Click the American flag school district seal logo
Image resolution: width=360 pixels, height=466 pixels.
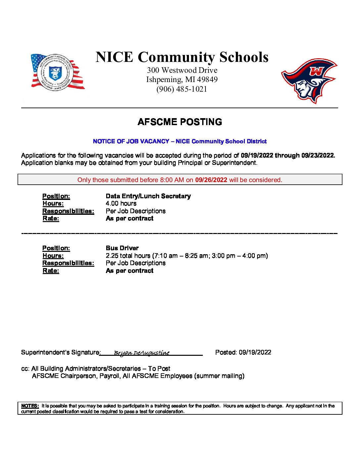pos(57,72)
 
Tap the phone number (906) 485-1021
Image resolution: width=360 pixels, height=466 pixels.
pos(182,89)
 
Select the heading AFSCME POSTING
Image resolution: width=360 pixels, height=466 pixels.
pos(180,122)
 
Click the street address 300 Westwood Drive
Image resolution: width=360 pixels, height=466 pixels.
pos(182,70)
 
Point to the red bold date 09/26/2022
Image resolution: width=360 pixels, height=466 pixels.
pos(211,180)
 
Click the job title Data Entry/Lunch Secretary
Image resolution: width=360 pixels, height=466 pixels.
pos(148,196)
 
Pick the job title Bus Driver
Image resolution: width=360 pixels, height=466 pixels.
pos(122,248)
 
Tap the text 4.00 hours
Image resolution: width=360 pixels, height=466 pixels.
pos(121,203)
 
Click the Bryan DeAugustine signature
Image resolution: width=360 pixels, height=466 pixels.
pos(142,353)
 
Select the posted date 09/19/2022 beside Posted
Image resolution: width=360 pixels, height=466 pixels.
pos(255,352)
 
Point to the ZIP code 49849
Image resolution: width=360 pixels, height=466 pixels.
pos(207,79)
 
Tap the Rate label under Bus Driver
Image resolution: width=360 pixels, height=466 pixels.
pos(51,270)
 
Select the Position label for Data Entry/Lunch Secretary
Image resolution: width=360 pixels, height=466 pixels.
pos(56,196)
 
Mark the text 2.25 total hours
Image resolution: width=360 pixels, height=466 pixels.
pos(128,256)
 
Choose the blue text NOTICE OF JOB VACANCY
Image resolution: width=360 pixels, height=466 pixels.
pos(131,141)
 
